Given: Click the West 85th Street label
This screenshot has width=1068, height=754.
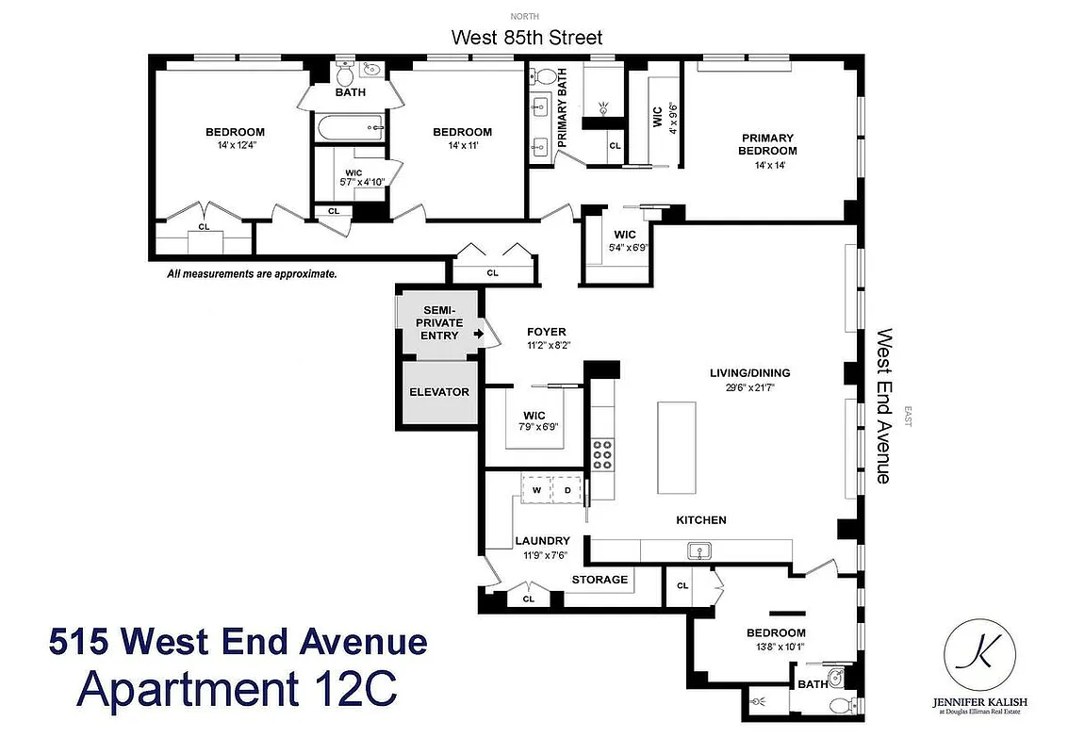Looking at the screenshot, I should (526, 38).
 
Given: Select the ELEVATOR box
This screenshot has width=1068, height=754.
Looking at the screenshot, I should (438, 392).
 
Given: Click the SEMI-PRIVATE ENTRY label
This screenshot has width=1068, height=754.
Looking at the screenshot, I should (439, 322).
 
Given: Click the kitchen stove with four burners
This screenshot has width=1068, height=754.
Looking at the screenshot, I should (601, 455).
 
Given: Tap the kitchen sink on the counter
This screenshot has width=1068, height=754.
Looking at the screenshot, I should (699, 549).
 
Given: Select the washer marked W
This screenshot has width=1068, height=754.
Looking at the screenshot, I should (535, 490).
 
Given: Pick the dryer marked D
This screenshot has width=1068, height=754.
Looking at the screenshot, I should (567, 490).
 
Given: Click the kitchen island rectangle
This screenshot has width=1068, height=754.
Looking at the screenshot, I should (677, 447).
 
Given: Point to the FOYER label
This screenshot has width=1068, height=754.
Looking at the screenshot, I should (547, 332).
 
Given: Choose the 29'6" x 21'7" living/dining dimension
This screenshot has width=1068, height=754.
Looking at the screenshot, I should (749, 386).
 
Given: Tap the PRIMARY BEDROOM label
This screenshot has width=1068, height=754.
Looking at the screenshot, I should (766, 144).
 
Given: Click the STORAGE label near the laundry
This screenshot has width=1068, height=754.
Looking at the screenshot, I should (600, 580).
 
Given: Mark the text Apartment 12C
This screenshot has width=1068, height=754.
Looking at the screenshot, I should (237, 687).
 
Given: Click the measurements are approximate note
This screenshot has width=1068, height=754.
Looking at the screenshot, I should (252, 275).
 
